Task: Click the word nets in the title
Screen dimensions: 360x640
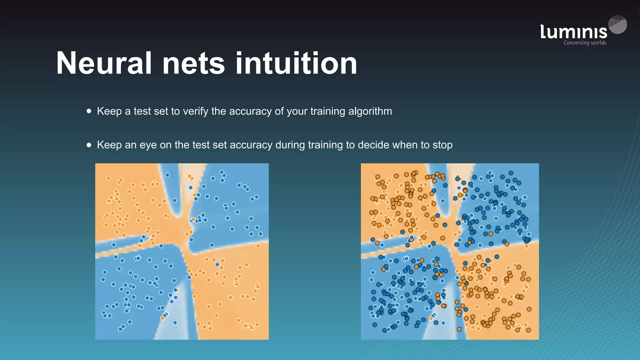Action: [x=193, y=63]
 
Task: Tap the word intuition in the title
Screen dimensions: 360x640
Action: [x=296, y=63]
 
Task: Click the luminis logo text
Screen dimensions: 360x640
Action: [x=573, y=32]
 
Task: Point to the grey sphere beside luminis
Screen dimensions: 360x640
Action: [x=617, y=25]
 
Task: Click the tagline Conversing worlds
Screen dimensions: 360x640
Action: [x=585, y=43]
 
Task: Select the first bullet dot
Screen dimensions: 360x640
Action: [x=89, y=111]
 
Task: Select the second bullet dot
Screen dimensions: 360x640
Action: [x=89, y=145]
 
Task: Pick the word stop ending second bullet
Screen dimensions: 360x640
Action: [x=442, y=145]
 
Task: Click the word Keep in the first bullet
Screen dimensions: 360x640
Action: [x=109, y=111]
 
